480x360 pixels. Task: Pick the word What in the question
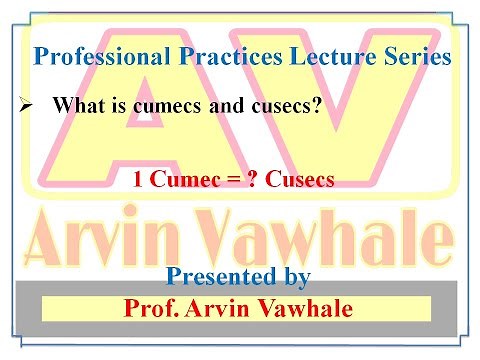point(78,103)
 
